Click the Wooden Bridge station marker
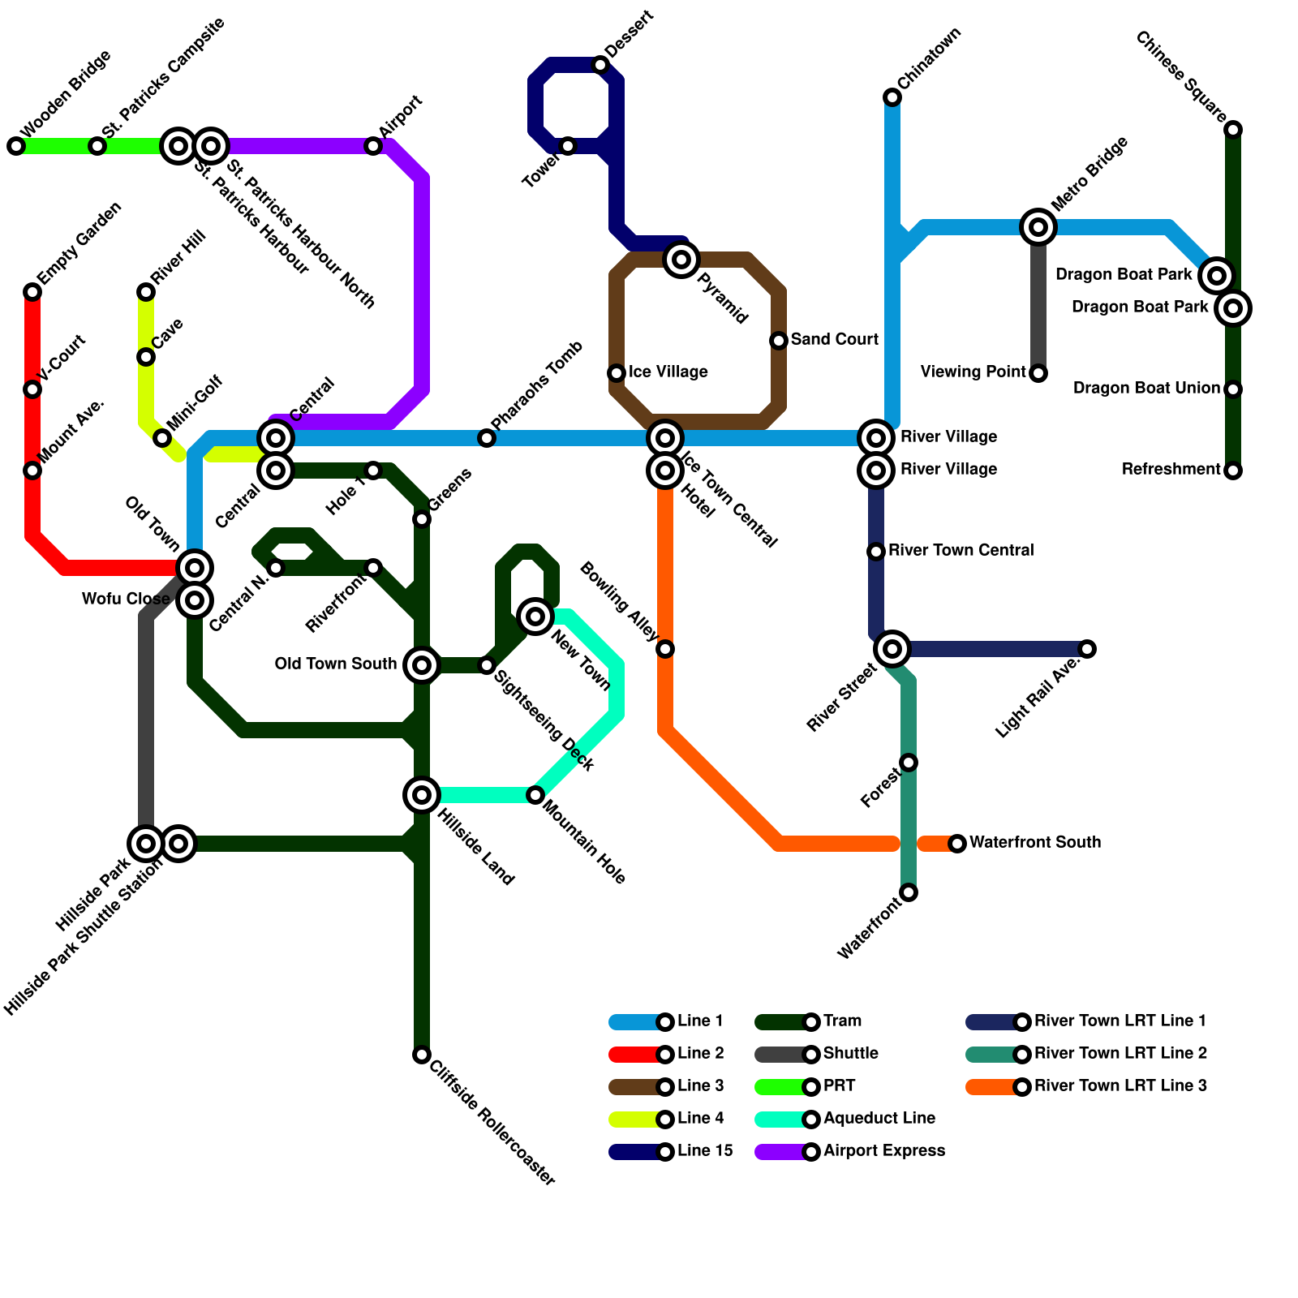(16, 146)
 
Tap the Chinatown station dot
(892, 97)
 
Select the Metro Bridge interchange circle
(1038, 227)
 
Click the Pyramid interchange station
(681, 260)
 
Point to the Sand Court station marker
(779, 341)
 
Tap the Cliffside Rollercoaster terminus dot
(422, 1055)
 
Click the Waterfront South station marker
(957, 844)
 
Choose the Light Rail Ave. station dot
(1087, 649)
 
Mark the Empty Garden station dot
(32, 292)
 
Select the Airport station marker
(373, 146)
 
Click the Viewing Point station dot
(1038, 373)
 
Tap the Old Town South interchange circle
(422, 665)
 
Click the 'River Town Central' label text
(961, 551)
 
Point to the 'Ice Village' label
(668, 372)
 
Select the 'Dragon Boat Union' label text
(1146, 389)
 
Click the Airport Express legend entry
(852, 1151)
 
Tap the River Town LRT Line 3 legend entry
(1087, 1086)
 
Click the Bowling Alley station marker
(665, 649)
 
